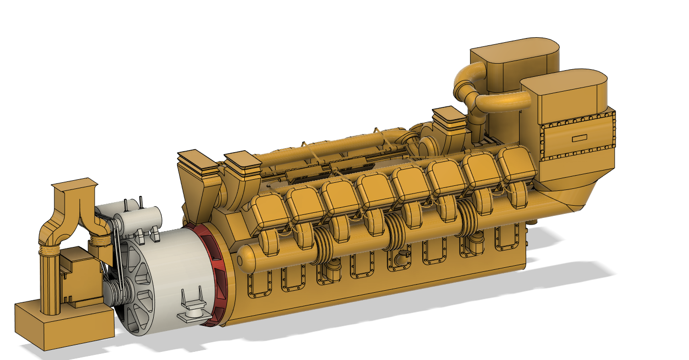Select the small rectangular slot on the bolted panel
point(579,139)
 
